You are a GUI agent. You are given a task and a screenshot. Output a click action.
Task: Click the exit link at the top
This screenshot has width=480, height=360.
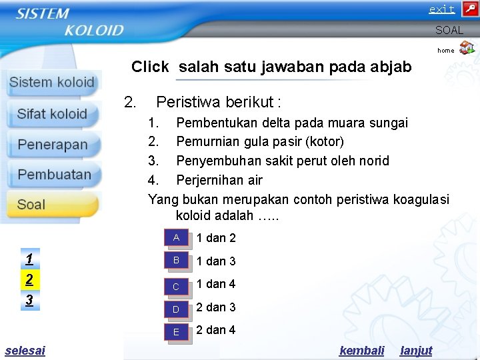pyautogui.click(x=441, y=9)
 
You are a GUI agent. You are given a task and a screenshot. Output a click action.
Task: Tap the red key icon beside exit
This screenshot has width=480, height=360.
pyautogui.click(x=469, y=9)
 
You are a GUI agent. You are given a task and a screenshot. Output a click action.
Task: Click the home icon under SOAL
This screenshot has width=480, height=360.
pyautogui.click(x=467, y=47)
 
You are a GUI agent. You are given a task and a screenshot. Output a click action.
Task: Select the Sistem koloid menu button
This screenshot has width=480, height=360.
pyautogui.click(x=52, y=83)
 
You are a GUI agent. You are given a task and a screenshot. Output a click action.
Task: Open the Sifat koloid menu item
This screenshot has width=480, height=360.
pyautogui.click(x=52, y=114)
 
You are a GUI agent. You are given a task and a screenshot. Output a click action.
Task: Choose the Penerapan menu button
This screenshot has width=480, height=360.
pyautogui.click(x=52, y=145)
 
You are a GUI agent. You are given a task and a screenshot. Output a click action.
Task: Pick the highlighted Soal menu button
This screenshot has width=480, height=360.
pyautogui.click(x=52, y=205)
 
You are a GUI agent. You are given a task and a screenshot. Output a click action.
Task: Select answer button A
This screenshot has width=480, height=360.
pyautogui.click(x=177, y=238)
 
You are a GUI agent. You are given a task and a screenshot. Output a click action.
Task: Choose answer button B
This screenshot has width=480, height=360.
pyautogui.click(x=177, y=261)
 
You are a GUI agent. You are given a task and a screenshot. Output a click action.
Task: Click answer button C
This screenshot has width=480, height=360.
pyautogui.click(x=177, y=286)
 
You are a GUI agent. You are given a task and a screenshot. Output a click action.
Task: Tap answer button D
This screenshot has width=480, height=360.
pyautogui.click(x=177, y=309)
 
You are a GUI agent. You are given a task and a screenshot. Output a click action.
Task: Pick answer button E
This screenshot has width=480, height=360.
pyautogui.click(x=177, y=332)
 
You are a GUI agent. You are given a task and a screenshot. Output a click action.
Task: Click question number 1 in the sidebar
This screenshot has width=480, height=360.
pyautogui.click(x=29, y=258)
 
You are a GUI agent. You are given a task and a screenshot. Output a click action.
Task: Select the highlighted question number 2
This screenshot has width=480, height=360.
pyautogui.click(x=29, y=279)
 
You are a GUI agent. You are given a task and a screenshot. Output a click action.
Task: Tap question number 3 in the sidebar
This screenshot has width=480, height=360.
pyautogui.click(x=29, y=300)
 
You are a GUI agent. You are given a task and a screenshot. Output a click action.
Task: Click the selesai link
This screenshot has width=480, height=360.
pyautogui.click(x=25, y=350)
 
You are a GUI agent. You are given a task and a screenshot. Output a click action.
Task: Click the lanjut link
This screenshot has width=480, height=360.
pyautogui.click(x=416, y=350)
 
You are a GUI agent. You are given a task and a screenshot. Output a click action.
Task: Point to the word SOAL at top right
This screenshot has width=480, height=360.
pyautogui.click(x=449, y=31)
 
